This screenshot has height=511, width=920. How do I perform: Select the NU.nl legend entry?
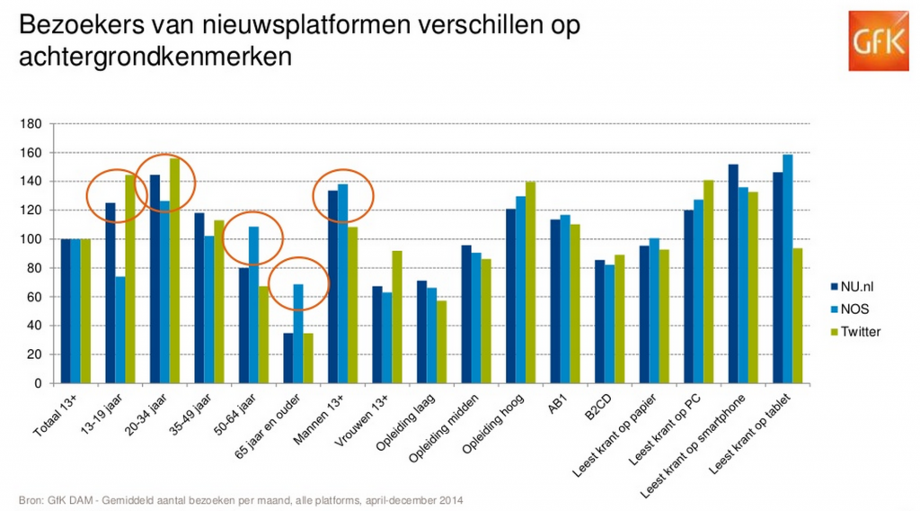tap(853, 287)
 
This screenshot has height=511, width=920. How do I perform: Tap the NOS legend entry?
tap(851, 309)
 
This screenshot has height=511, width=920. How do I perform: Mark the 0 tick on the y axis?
tap(38, 383)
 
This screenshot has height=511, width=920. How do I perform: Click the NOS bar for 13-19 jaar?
tap(119, 329)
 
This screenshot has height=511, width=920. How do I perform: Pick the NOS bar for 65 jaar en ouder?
tap(297, 334)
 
